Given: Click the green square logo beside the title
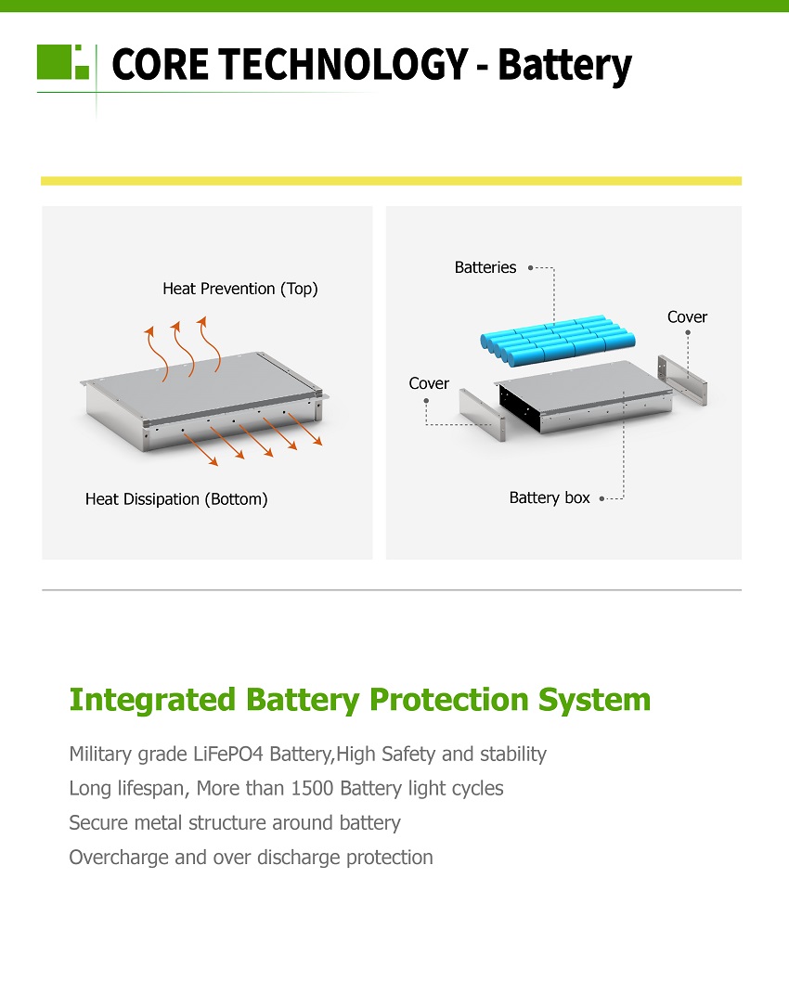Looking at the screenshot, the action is (x=63, y=62).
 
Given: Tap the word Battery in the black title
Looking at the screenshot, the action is (x=565, y=66).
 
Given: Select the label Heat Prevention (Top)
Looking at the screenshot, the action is (x=239, y=289).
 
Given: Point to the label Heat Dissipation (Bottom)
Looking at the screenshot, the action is (x=176, y=499).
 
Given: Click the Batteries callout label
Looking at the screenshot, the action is (x=485, y=267).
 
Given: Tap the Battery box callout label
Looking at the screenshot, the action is (x=550, y=498).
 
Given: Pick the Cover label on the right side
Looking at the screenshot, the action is (x=687, y=317).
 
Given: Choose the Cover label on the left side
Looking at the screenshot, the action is (x=429, y=383).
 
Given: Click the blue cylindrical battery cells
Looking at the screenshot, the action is (x=558, y=341).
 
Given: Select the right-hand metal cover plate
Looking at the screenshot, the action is (x=682, y=379).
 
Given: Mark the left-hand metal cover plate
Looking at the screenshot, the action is (x=482, y=414).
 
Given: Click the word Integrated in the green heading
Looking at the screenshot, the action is (x=152, y=701).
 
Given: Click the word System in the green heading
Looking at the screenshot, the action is (x=594, y=701).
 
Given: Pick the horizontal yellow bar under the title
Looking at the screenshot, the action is (x=392, y=181).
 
